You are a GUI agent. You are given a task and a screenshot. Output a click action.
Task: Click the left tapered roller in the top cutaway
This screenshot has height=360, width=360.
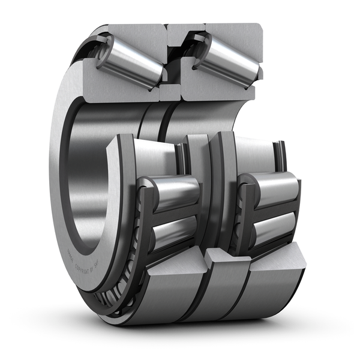coord(129,60)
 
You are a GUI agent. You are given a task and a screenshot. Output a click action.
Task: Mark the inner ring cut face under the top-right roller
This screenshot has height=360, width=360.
coord(216,90)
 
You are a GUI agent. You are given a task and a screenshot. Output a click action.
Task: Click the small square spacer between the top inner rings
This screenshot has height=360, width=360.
coord(170,92)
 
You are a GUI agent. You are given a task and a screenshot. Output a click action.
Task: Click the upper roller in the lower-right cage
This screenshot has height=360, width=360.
coord(273,189)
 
